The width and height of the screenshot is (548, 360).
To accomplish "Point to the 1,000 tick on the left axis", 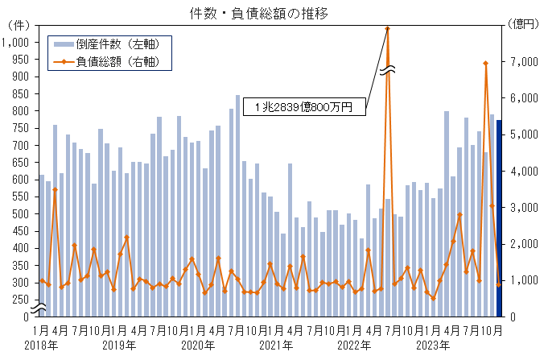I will (x=17, y=42).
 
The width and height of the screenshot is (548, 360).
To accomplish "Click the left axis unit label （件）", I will (x=17, y=26).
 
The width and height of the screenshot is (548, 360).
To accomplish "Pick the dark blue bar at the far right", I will (x=498, y=217).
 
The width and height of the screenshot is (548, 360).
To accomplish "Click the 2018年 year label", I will (x=40, y=346).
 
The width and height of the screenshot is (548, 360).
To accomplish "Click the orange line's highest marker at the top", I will (x=387, y=28).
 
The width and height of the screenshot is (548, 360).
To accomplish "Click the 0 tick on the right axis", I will (x=514, y=317).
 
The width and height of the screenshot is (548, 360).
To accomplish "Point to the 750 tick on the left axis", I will (x=21, y=128).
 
